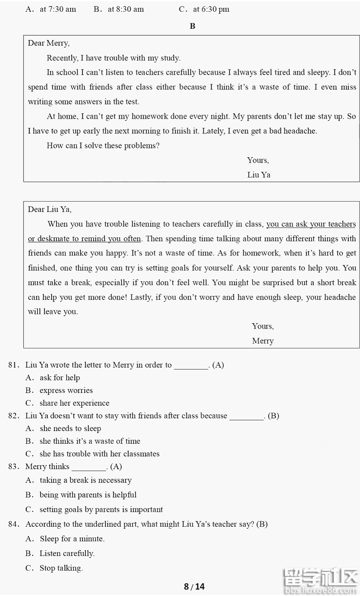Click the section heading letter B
click(x=192, y=26)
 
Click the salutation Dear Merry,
click(x=48, y=43)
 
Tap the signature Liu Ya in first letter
click(x=259, y=175)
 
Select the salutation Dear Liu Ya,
click(x=49, y=209)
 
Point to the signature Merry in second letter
click(x=262, y=341)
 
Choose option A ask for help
click(x=60, y=378)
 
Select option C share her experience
click(x=74, y=403)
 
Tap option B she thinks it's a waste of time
click(x=90, y=441)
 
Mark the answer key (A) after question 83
click(x=116, y=467)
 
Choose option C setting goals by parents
click(x=101, y=510)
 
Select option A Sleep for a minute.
click(x=72, y=539)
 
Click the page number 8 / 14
click(x=194, y=587)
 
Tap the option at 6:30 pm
click(x=211, y=9)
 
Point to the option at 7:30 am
click(x=58, y=9)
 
